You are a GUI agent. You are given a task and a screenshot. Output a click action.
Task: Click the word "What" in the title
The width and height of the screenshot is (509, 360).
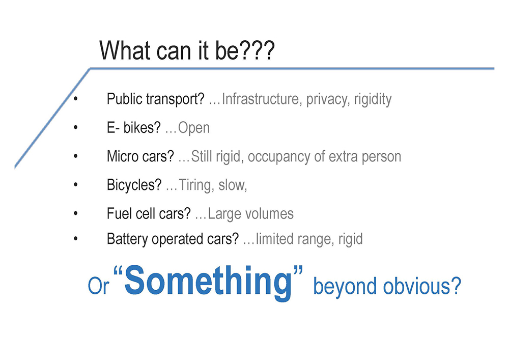(x=126, y=50)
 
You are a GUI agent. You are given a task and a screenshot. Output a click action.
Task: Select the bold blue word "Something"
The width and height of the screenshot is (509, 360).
(x=208, y=281)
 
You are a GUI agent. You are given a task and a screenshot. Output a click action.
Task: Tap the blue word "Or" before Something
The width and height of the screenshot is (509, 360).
(x=98, y=286)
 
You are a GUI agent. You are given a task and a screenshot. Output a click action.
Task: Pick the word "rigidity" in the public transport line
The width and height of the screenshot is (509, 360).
(x=373, y=99)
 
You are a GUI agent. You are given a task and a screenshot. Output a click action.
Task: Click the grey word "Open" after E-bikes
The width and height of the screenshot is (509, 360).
(x=194, y=128)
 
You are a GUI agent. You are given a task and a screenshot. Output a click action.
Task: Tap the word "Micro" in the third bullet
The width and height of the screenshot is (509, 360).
(x=121, y=156)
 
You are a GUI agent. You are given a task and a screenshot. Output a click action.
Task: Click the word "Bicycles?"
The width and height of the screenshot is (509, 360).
(x=134, y=185)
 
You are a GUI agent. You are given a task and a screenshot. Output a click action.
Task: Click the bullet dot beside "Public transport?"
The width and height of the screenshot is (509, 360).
(x=76, y=99)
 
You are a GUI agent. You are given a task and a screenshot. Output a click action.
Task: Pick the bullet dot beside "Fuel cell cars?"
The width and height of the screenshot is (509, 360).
(x=76, y=213)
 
